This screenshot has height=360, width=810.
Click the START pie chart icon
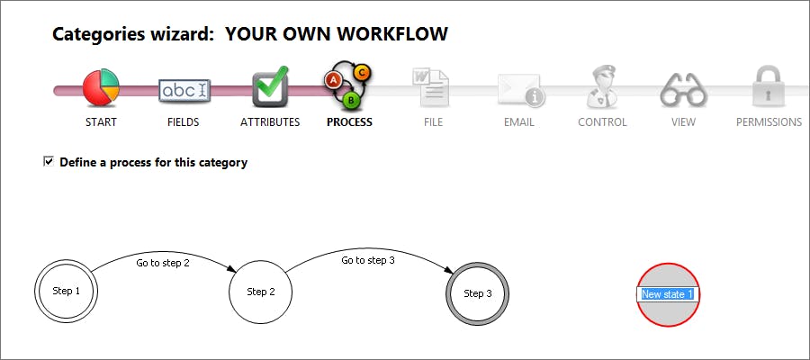tap(101, 89)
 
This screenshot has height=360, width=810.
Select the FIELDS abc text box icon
tap(184, 90)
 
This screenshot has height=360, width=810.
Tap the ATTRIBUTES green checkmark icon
tap(270, 87)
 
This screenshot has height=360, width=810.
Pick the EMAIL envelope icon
tap(519, 90)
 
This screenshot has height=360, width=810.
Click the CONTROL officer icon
tap(602, 88)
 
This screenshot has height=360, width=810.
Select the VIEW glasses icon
tap(683, 90)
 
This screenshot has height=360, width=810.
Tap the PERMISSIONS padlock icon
tap(768, 87)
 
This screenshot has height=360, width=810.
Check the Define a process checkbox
tap(49, 162)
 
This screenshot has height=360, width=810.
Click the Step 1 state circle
tap(67, 292)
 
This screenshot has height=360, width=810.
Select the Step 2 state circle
tap(261, 292)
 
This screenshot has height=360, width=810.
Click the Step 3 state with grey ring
tap(478, 293)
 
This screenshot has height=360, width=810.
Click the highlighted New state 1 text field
tap(667, 294)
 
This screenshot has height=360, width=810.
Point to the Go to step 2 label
tap(163, 264)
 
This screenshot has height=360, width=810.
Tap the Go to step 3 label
tap(368, 260)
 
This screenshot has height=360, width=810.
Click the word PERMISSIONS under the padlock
tap(769, 122)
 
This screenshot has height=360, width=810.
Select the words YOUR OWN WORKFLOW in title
tap(336, 35)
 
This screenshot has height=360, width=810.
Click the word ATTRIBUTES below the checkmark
tap(270, 122)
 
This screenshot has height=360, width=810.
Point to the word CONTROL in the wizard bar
tap(602, 122)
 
